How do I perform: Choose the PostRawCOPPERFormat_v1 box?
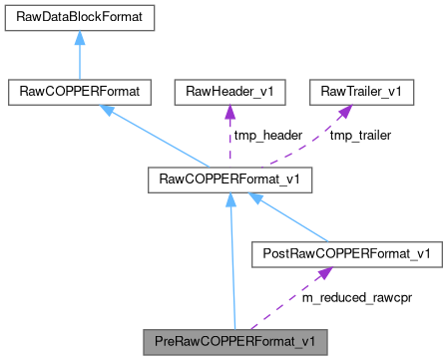pyautogui.click(x=345, y=254)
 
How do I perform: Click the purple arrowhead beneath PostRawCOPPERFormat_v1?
pyautogui.click(x=321, y=273)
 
